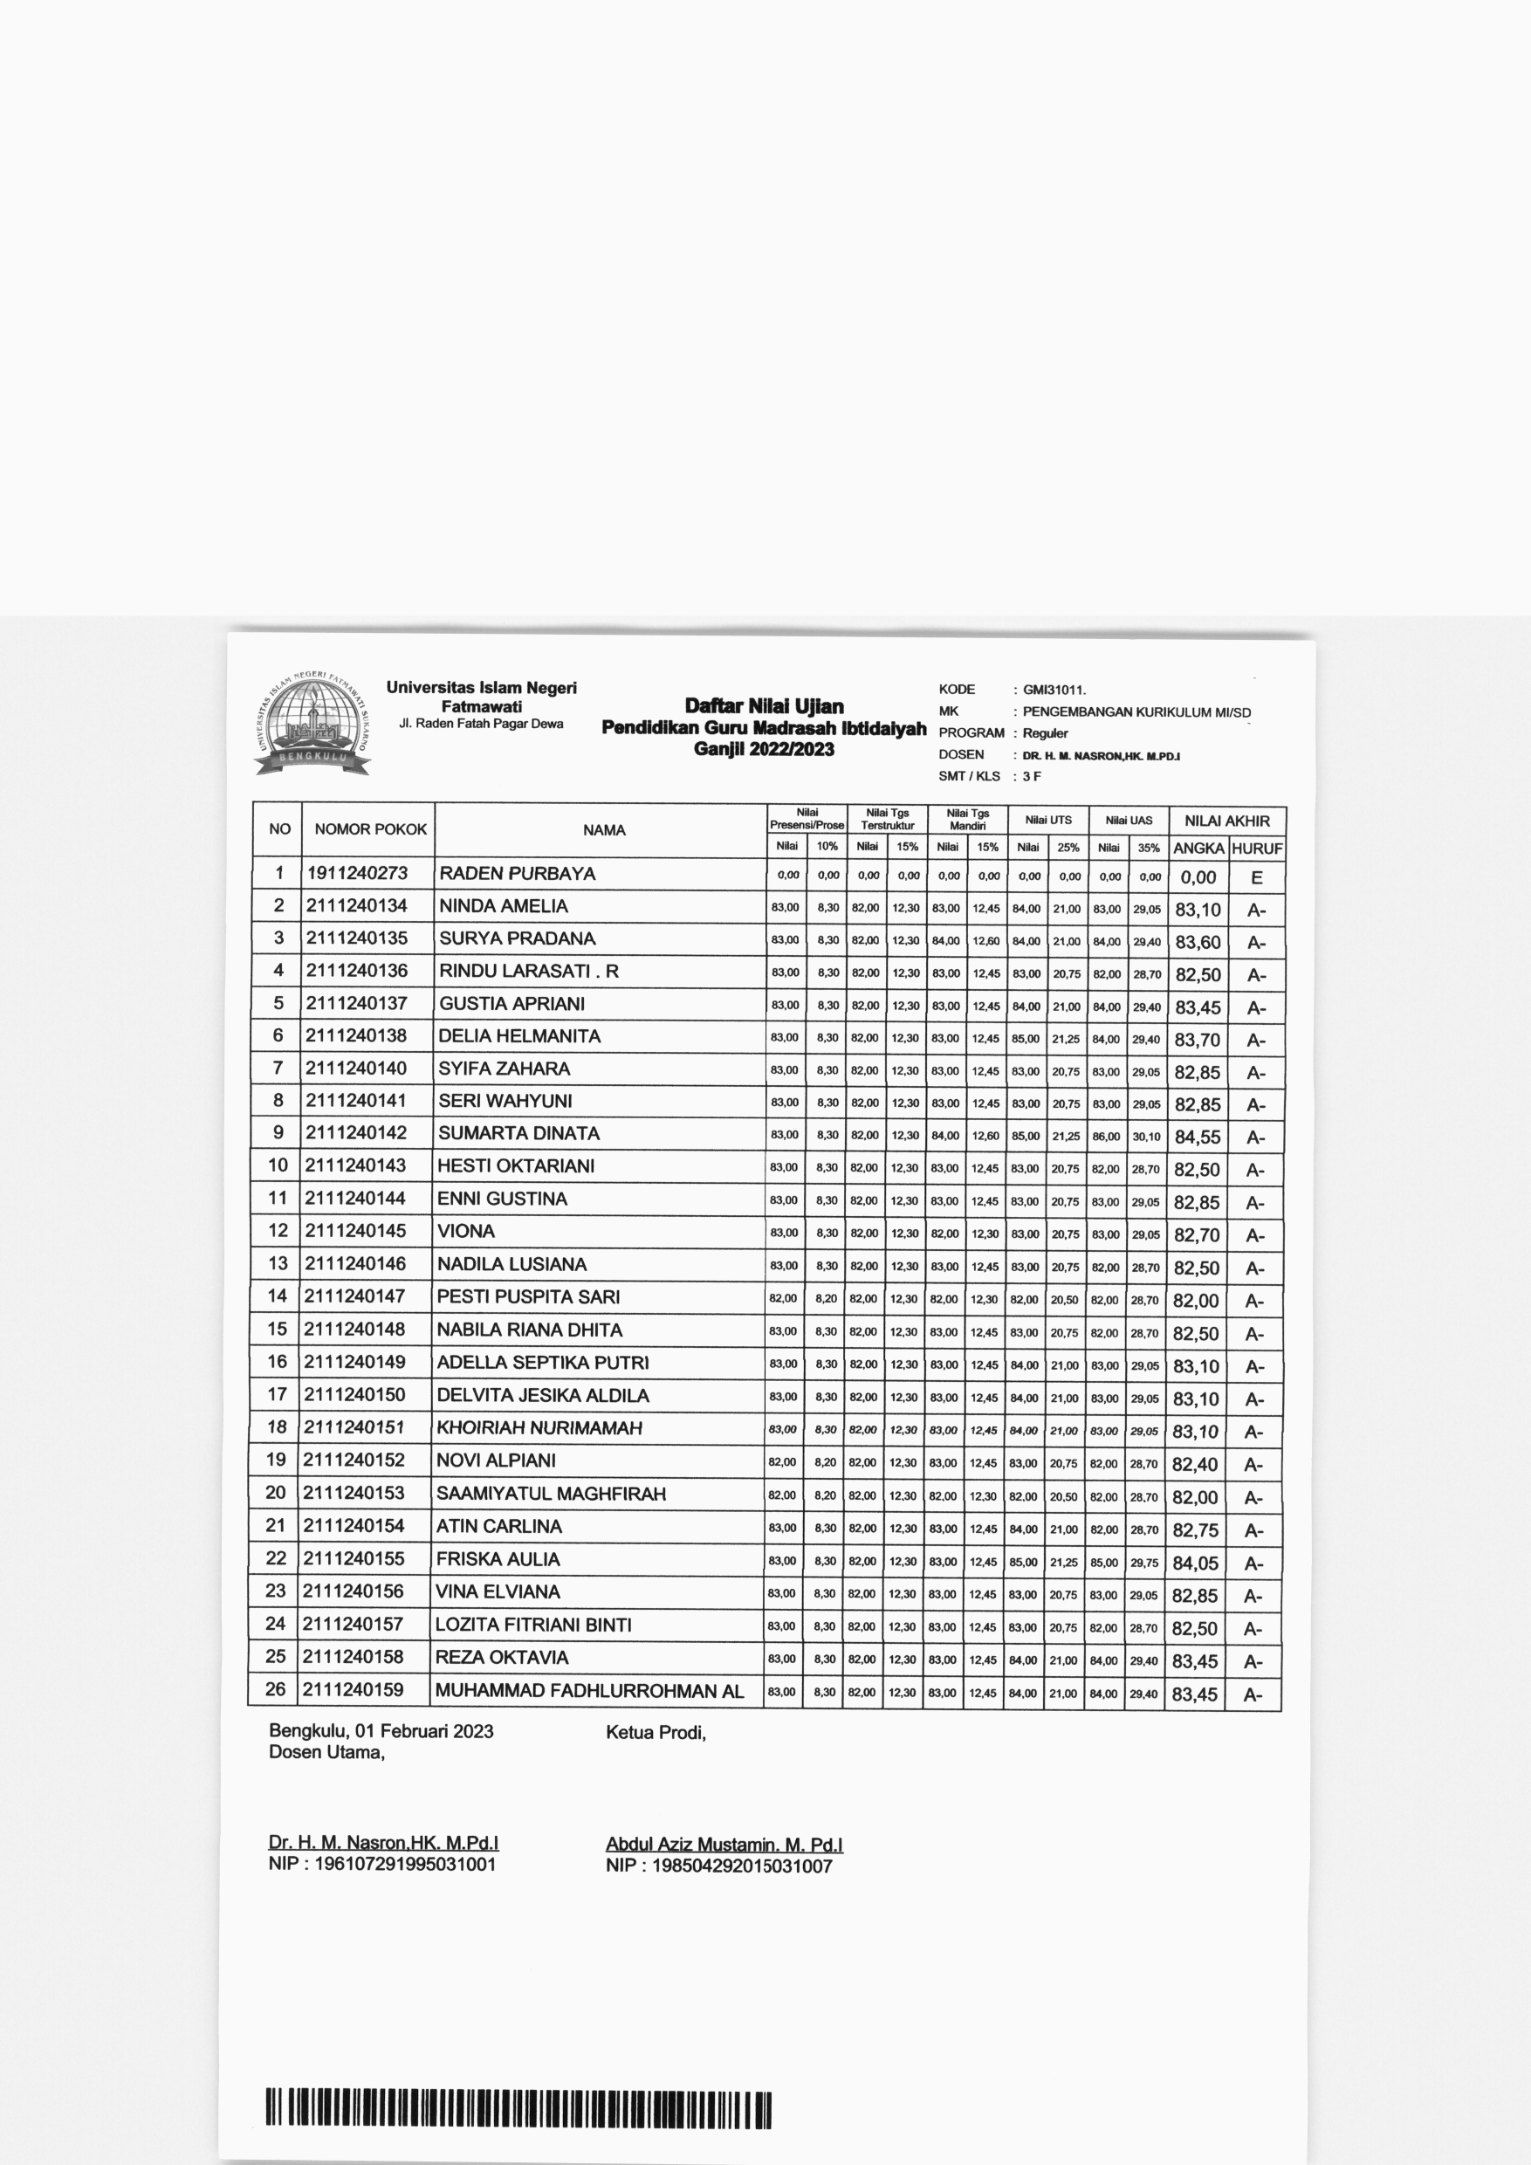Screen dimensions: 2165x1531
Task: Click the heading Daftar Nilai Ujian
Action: point(764,706)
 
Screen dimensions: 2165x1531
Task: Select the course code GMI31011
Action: point(1054,690)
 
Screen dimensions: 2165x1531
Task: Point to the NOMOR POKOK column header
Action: point(370,830)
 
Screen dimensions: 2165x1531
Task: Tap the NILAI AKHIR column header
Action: point(1226,821)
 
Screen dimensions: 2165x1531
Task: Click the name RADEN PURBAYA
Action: point(518,873)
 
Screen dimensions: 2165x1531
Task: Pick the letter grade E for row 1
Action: point(1257,878)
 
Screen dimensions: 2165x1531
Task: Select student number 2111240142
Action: point(356,1132)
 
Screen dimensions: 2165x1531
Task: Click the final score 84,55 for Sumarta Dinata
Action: point(1198,1137)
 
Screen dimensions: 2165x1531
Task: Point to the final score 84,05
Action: point(1196,1564)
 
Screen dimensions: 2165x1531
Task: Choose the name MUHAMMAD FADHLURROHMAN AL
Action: point(589,1691)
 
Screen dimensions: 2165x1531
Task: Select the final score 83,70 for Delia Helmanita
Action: point(1198,1040)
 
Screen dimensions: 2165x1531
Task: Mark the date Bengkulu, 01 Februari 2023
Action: point(381,1731)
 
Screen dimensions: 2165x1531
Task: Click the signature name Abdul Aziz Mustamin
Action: point(724,1845)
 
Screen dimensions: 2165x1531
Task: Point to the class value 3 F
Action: point(1033,776)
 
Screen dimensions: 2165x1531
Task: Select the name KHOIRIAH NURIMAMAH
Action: point(539,1427)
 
